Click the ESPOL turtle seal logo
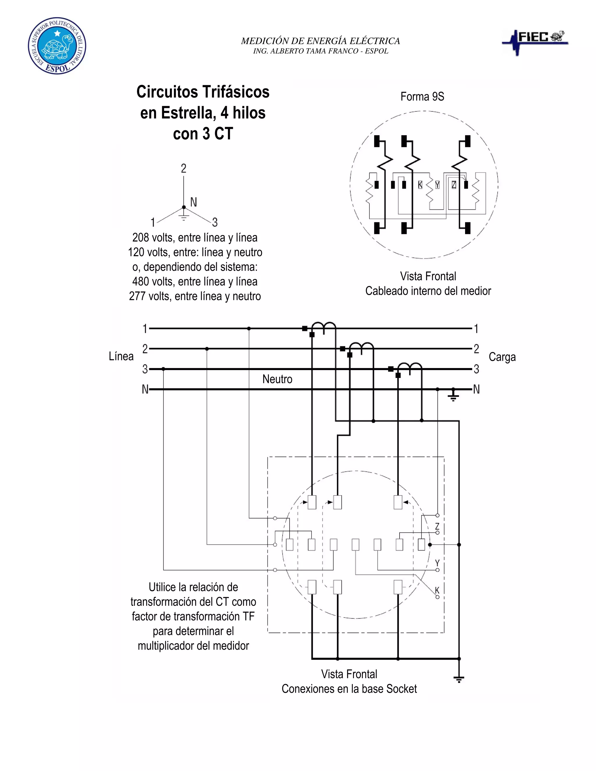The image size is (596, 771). coord(57,46)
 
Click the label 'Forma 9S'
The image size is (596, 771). coord(422,96)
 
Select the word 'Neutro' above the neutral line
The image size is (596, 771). coord(277,379)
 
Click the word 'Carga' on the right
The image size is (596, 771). coord(502,357)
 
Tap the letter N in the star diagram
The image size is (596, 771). coord(194,202)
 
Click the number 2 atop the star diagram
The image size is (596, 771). coord(184,168)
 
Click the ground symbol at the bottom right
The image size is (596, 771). coord(459,679)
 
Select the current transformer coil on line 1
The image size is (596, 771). coord(324,328)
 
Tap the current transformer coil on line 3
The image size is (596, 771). coord(410,369)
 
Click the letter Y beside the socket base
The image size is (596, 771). coord(437,563)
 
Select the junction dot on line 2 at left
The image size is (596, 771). coord(207,349)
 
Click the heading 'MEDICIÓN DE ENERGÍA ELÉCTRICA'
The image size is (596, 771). coord(320,41)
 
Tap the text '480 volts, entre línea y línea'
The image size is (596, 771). coord(195,281)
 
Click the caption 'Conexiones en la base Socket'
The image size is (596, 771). coord(349,688)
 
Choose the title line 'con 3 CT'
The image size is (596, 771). coord(203,134)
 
